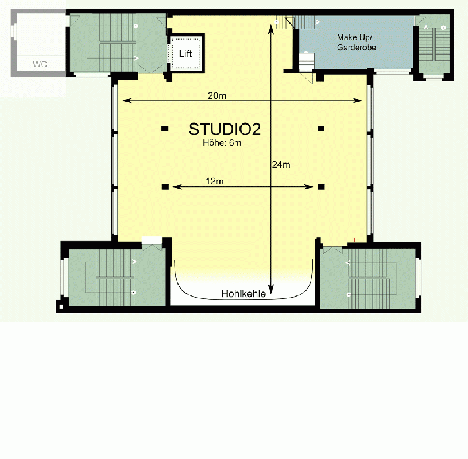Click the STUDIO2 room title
coord(225,129)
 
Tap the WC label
coord(40,64)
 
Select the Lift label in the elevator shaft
coord(185,54)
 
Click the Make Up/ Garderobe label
coord(356,42)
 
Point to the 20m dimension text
coord(216,96)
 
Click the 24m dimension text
coord(281,165)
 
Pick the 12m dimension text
coord(215,181)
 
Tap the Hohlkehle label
coord(243,294)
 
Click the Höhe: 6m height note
coord(222,143)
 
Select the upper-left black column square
coord(165,128)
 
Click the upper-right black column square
coord(321,128)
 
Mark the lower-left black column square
coord(165,186)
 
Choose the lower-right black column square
coord(321,186)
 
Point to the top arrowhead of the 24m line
coord(272,25)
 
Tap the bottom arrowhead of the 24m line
coord(272,293)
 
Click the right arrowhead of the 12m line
coord(310,186)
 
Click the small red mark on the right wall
coord(355,239)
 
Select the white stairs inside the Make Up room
coord(306,61)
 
